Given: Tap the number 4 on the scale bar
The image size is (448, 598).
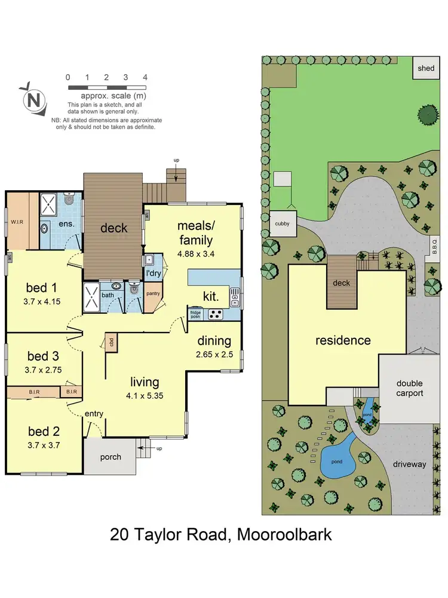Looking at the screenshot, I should [x=145, y=78].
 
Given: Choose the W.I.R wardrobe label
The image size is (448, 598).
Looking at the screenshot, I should [x=17, y=223].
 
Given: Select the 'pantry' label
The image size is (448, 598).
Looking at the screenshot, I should [x=153, y=294].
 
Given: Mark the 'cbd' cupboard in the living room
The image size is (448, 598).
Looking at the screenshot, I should [x=111, y=342].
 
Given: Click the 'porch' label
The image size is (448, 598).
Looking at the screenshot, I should [x=110, y=457].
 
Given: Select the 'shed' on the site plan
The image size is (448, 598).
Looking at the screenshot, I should [x=426, y=69].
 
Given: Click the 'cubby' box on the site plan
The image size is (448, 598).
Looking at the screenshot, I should [x=282, y=224].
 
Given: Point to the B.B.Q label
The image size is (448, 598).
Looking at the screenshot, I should [x=435, y=246].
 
